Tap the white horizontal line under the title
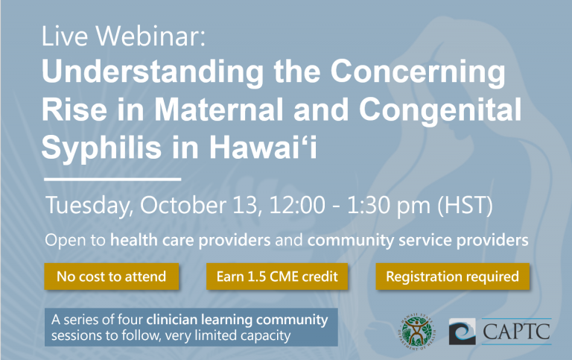112,180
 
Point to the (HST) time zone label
463,206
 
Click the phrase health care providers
191,241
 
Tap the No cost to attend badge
112,277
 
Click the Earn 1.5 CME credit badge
277,277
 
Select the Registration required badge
452,277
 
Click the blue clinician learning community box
191,328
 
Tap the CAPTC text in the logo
516,329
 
